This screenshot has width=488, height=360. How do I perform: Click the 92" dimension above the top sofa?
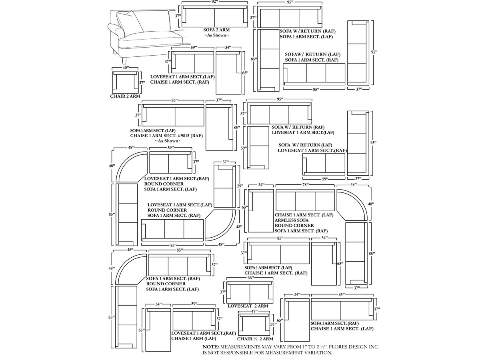coord(215,2)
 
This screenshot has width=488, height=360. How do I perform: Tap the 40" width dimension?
coord(125,68)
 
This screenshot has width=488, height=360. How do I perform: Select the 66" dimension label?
coord(250,278)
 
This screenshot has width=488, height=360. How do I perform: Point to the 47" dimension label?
coord(254,311)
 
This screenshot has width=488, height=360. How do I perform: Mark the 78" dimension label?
coord(305,185)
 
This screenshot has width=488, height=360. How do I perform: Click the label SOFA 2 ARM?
coord(216,30)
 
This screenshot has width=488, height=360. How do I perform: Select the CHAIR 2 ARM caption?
coord(125,96)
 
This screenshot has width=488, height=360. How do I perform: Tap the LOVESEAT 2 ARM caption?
coord(248,306)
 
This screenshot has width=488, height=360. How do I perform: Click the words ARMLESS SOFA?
coord(291,220)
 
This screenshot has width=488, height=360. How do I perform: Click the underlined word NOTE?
coord(210,347)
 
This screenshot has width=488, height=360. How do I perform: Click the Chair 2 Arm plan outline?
coord(125,81)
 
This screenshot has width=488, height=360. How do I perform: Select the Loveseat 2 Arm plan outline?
coord(250,292)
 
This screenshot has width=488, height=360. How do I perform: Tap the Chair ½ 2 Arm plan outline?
coord(254,324)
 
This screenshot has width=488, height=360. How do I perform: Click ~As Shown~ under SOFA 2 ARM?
coord(216,36)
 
